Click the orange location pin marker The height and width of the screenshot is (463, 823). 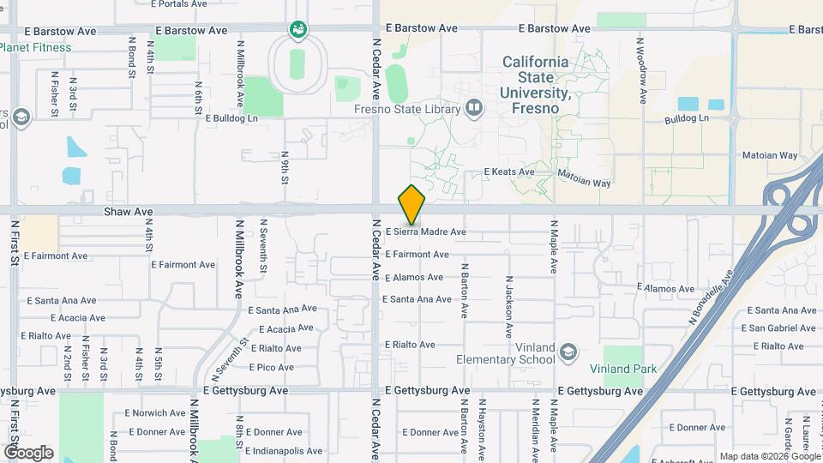click(x=412, y=205)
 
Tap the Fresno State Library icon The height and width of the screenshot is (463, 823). click(x=474, y=108)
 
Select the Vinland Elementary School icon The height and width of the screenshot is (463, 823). click(x=568, y=352)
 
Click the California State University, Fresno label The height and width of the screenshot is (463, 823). click(x=535, y=85)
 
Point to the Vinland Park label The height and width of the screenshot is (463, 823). click(x=623, y=369)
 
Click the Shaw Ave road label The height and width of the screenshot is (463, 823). click(x=129, y=211)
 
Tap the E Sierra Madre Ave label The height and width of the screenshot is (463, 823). click(x=426, y=231)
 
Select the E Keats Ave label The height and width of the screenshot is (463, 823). click(x=509, y=171)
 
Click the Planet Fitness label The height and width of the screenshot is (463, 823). click(x=36, y=47)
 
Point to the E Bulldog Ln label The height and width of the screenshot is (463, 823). click(x=231, y=118)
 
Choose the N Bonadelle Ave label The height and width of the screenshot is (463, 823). click(x=711, y=298)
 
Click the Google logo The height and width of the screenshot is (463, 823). click(x=28, y=452)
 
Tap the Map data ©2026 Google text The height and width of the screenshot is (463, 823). click(x=769, y=456)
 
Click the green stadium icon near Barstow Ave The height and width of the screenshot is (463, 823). click(x=298, y=32)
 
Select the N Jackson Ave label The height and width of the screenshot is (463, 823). click(x=508, y=307)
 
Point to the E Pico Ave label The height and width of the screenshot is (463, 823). click(x=271, y=367)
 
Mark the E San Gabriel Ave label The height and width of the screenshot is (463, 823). click(x=776, y=328)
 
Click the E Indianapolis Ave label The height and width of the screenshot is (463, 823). click(x=284, y=450)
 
